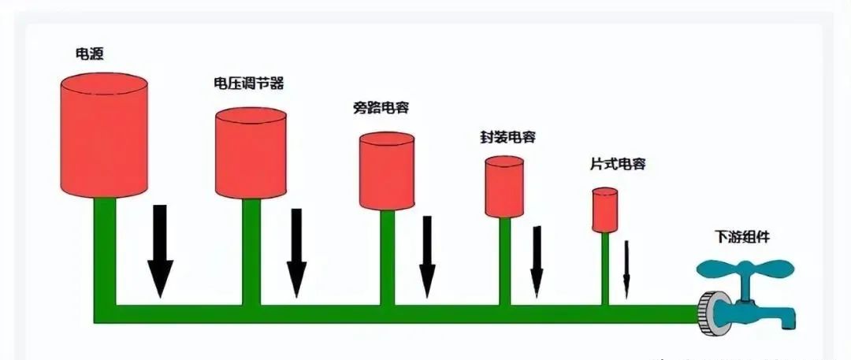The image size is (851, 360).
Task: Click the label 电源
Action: click(87, 55)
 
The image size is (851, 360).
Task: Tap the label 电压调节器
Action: click(248, 83)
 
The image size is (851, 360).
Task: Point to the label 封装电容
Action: click(507, 137)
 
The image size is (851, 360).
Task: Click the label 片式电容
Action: click(618, 165)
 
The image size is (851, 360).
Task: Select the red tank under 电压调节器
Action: click(251, 154)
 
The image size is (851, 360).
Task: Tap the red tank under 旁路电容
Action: click(387, 172)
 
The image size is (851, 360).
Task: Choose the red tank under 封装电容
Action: click(504, 187)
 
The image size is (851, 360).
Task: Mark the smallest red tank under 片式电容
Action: click(605, 210)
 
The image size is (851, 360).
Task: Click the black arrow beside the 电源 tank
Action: click(160, 251)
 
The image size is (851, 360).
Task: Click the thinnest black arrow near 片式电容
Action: click(626, 269)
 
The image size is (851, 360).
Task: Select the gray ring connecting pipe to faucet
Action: click(713, 313)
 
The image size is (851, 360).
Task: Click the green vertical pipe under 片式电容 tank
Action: click(605, 268)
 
